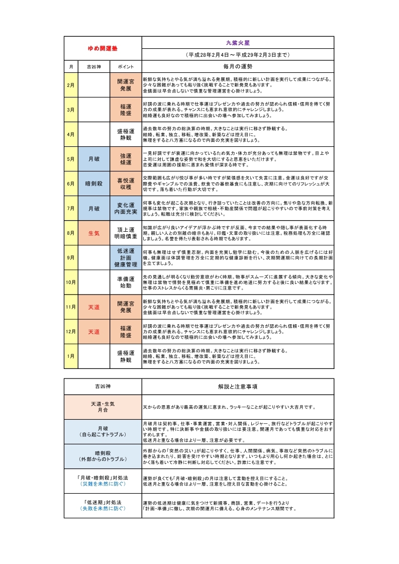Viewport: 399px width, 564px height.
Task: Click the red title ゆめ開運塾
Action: (103, 49)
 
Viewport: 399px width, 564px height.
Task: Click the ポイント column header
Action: (126, 66)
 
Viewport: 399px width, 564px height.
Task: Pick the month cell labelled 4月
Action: (71, 134)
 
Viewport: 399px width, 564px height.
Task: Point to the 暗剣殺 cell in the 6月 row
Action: (94, 183)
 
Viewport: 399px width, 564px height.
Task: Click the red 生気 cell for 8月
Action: (94, 233)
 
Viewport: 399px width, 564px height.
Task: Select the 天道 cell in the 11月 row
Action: (94, 307)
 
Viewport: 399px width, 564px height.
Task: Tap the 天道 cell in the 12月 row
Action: (94, 331)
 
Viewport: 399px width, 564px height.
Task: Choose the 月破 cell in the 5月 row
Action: (94, 159)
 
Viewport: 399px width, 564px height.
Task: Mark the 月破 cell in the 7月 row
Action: (94, 208)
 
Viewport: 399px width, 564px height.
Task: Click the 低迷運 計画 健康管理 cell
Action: (126, 257)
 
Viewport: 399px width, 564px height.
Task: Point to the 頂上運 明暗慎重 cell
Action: (126, 233)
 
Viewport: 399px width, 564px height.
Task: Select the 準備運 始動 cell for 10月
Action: (126, 282)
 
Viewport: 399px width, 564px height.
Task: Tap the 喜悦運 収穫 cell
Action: (126, 183)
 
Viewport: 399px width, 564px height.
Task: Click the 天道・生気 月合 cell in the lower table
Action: (103, 407)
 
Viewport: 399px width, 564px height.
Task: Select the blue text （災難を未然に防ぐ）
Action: (103, 484)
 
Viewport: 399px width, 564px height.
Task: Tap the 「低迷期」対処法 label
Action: (103, 502)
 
